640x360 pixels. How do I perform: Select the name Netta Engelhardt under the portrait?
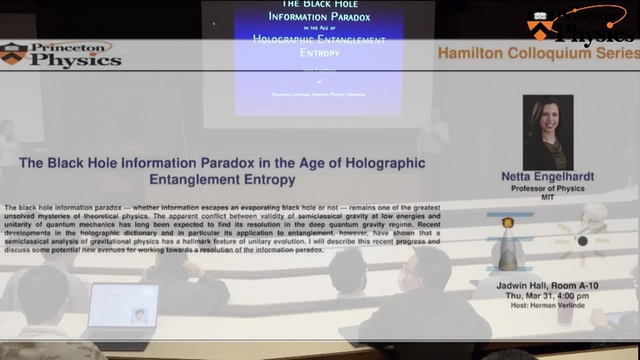(548, 177)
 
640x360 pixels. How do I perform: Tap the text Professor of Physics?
(548, 188)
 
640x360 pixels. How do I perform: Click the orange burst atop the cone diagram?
(508, 223)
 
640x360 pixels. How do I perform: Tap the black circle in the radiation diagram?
(582, 241)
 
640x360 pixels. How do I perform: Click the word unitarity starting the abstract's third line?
(21, 225)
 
